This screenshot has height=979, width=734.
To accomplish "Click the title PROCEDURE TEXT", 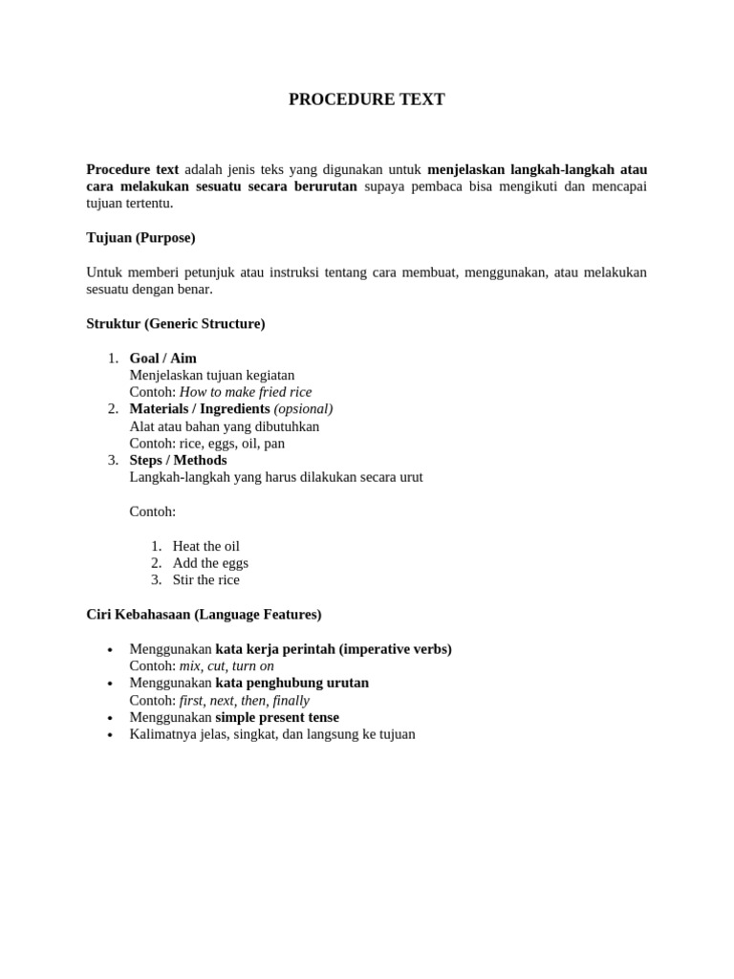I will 367,99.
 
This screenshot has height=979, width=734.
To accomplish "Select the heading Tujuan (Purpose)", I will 140,237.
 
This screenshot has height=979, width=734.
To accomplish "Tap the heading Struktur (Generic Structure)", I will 176,324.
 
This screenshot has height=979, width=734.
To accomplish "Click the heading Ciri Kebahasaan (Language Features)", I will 204,615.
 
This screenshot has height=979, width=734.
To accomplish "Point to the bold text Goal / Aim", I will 163,359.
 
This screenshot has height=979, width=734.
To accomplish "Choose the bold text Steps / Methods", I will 178,460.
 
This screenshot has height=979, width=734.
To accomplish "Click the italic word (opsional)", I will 303,409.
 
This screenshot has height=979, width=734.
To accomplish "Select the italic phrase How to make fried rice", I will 246,392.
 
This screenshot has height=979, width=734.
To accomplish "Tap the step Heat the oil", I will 206,546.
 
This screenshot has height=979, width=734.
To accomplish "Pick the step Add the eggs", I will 210,563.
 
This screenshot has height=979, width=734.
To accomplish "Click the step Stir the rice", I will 206,580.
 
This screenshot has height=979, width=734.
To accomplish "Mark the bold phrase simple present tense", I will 277,717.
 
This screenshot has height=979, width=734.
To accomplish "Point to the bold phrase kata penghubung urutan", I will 291,683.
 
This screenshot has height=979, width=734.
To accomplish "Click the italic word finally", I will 291,700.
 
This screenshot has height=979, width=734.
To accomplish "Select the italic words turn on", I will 253,665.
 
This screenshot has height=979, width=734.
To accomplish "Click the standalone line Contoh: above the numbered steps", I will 153,511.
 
